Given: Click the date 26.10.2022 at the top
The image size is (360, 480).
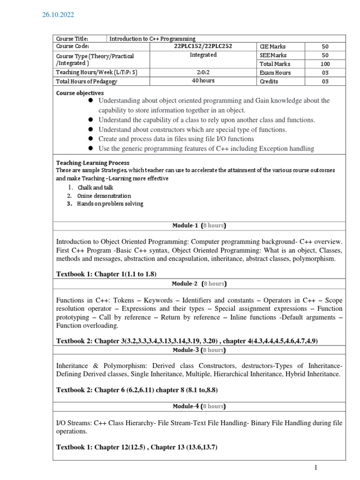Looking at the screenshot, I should coord(58,15).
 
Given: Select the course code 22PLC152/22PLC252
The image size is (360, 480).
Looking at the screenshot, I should coord(203,46).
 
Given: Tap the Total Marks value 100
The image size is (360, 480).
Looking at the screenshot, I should coord(325,64).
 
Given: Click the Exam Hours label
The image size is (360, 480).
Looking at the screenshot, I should coord(275,73).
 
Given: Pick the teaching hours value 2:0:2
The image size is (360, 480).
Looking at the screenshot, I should coord(203,73).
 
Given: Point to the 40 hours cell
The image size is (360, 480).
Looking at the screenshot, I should coord(203,81).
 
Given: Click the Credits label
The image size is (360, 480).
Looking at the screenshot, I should coord(269,82).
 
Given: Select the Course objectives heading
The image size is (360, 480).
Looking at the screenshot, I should coord(80,93).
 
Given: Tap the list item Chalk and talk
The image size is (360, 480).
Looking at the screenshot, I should coord(96,187).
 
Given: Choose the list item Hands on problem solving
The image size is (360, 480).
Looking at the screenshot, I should coord(111,204).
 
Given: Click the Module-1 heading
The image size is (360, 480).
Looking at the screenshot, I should coord(199,225).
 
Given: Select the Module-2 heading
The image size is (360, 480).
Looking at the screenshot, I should coord(199,284).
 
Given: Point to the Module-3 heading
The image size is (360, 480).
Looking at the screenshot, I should coord(199,350).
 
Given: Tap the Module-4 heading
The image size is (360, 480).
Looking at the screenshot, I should coord(199,406).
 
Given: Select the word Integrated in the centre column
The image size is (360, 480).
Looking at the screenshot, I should coord(203,55).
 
